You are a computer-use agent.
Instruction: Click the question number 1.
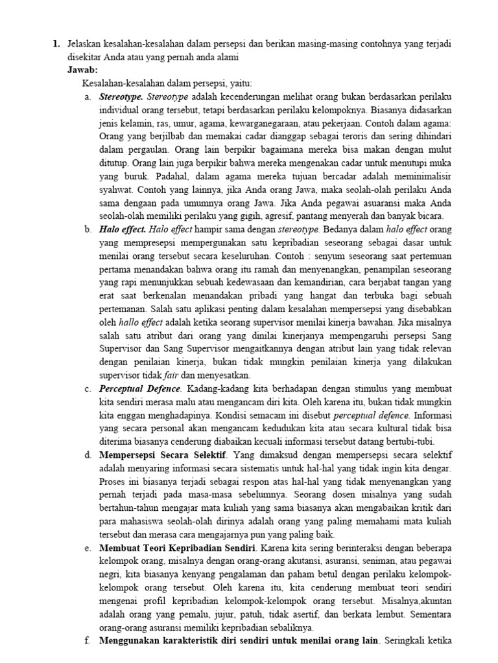[56, 44]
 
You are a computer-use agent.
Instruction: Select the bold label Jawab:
[83, 70]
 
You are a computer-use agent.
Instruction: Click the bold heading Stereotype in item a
[121, 96]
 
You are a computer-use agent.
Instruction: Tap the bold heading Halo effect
[123, 229]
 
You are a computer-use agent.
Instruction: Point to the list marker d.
[88, 455]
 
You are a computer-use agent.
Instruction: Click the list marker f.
[88, 642]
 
